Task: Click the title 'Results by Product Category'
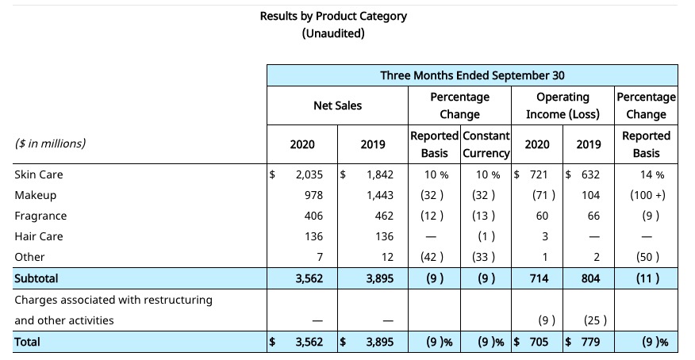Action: point(333,17)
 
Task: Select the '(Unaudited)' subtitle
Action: point(333,33)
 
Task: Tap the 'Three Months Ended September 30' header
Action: point(472,75)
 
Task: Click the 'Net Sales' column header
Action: point(337,105)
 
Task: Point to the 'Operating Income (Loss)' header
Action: point(563,105)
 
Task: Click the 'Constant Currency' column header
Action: point(486,144)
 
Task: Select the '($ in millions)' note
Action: point(50,144)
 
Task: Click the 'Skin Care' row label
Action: point(39,174)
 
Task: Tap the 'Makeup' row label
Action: point(36,195)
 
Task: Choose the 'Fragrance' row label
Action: point(40,216)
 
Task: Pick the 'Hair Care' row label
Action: point(39,236)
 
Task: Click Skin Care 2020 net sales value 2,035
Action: point(309,174)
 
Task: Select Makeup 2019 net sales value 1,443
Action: point(380,195)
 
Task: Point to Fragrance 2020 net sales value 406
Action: point(313,216)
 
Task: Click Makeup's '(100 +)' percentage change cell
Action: point(647,195)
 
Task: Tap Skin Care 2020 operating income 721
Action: point(539,174)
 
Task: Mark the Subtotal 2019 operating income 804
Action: point(590,278)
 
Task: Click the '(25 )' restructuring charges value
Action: point(595,320)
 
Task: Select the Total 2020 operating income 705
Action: point(539,342)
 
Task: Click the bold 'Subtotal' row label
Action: point(36,278)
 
